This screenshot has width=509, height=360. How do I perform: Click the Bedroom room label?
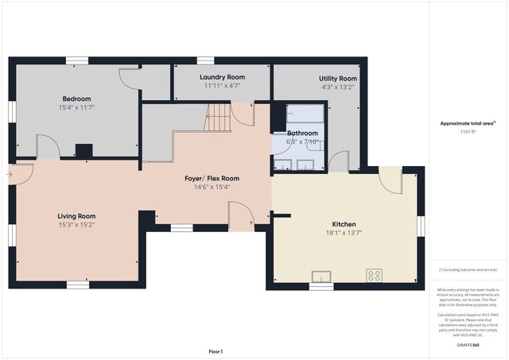(76, 99)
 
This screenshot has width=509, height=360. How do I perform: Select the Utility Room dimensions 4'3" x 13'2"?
(337, 87)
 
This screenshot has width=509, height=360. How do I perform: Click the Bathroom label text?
(302, 134)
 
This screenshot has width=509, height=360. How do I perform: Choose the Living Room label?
(76, 215)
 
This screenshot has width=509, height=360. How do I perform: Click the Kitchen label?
(344, 225)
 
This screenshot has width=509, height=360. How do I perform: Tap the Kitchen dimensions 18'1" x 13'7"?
(344, 233)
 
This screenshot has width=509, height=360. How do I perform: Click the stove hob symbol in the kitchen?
(373, 275)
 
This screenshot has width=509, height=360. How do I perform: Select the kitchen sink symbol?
(321, 277)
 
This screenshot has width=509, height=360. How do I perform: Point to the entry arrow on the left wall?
(10, 174)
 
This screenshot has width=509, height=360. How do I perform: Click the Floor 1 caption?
(216, 350)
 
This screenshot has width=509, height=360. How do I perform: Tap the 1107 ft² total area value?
(468, 132)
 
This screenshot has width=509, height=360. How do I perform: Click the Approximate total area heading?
(468, 123)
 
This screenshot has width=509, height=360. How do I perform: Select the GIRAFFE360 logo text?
(468, 346)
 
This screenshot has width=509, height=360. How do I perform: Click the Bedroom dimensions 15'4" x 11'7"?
(76, 106)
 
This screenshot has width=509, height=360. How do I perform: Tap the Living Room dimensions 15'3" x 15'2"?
(76, 224)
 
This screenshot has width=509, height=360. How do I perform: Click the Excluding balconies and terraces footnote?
(468, 270)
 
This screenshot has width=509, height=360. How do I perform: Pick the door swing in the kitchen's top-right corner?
(390, 180)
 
